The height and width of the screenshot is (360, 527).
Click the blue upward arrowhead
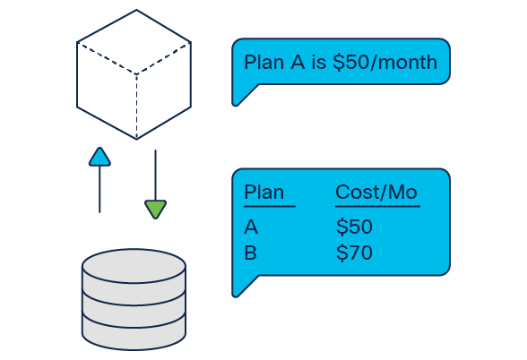[x=99, y=158]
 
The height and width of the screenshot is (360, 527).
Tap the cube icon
[x=134, y=74]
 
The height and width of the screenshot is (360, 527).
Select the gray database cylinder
[x=134, y=299]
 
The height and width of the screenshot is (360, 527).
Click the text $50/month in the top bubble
[x=385, y=62]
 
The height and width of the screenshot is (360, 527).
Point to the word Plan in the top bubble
[x=263, y=62]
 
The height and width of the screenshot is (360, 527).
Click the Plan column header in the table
[x=263, y=192]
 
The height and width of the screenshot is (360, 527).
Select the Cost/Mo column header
[x=376, y=192]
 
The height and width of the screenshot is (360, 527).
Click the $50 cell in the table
[x=354, y=227]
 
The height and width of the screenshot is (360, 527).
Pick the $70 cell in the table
[x=354, y=253]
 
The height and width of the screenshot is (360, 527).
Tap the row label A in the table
[x=251, y=227]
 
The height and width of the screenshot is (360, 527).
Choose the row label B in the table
[x=251, y=253]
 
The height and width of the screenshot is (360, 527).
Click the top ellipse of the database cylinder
[x=134, y=266]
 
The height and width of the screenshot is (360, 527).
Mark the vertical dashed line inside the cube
[x=136, y=106]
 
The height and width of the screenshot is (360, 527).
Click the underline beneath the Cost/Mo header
[x=377, y=206]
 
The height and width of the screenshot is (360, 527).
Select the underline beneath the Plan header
[x=270, y=206]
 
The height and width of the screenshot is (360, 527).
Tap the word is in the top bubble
[x=319, y=62]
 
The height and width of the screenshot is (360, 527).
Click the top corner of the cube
[x=136, y=10]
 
